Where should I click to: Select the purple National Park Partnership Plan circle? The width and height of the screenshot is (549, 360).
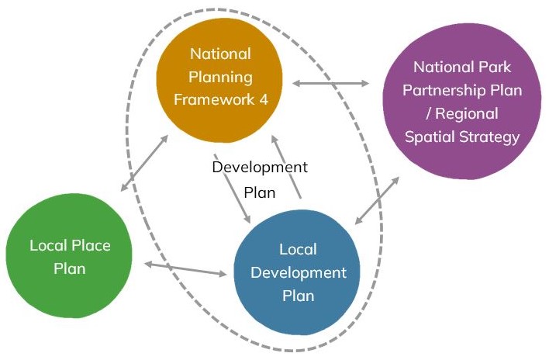[x=463, y=101]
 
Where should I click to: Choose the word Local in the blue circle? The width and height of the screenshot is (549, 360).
[x=297, y=250]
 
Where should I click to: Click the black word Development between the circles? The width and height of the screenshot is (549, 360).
[x=260, y=167]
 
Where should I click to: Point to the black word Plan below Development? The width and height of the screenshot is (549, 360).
[x=260, y=192]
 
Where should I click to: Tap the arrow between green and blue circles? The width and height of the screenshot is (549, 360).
[x=186, y=269]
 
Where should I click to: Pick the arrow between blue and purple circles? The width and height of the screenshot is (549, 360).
[x=377, y=201]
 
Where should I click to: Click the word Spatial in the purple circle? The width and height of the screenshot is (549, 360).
[x=433, y=137]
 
